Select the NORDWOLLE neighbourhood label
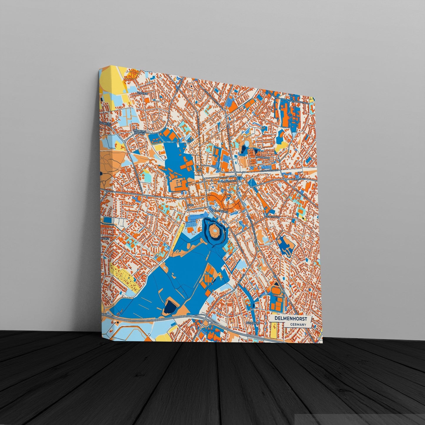(x=263, y=157)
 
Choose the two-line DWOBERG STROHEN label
(x=139, y=132)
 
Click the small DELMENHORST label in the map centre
(x=220, y=211)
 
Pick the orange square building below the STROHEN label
(x=146, y=100)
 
